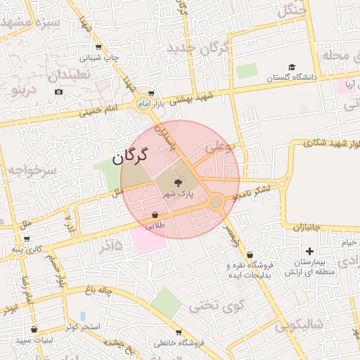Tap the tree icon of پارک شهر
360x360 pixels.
tap(176, 183)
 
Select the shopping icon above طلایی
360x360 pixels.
tap(155, 214)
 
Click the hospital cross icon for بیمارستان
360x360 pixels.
tap(309, 251)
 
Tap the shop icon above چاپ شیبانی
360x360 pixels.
tap(98, 47)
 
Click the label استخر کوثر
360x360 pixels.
tap(82, 328)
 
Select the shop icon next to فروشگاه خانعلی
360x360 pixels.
tap(179, 332)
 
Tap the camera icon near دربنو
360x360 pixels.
tap(58, 91)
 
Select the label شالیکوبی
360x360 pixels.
tap(298, 325)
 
